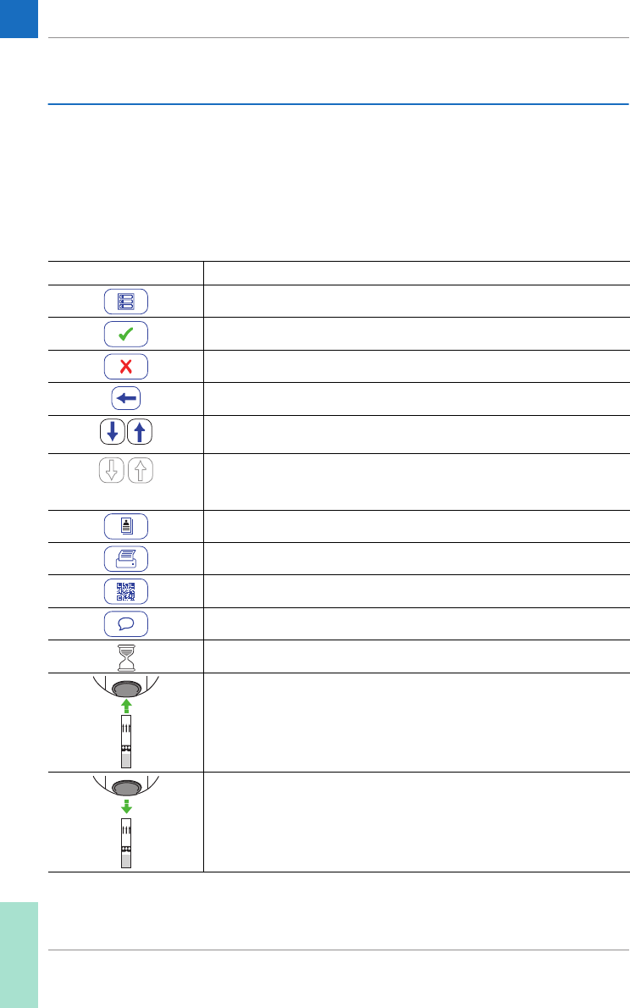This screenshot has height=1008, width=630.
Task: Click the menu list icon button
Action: (x=126, y=302)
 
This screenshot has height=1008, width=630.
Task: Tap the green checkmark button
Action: (x=126, y=334)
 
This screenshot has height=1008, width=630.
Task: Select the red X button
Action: (x=126, y=366)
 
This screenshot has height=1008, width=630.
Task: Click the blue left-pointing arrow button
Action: (x=126, y=398)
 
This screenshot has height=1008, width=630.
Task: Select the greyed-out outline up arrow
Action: (x=140, y=468)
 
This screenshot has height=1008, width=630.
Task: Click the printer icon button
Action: (x=126, y=558)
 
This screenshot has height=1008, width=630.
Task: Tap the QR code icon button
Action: (x=126, y=590)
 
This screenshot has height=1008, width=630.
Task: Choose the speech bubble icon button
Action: (x=126, y=623)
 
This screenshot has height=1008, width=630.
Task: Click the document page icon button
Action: (x=126, y=526)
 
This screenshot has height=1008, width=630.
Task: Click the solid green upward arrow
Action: (x=126, y=705)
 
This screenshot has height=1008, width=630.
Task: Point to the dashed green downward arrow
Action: (x=126, y=805)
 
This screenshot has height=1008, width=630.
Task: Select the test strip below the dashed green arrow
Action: (x=126, y=844)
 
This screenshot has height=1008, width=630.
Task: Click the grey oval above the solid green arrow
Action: (x=126, y=687)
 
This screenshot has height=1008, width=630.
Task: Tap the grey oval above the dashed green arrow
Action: (x=126, y=787)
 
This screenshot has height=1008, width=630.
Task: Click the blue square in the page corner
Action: (x=19, y=19)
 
